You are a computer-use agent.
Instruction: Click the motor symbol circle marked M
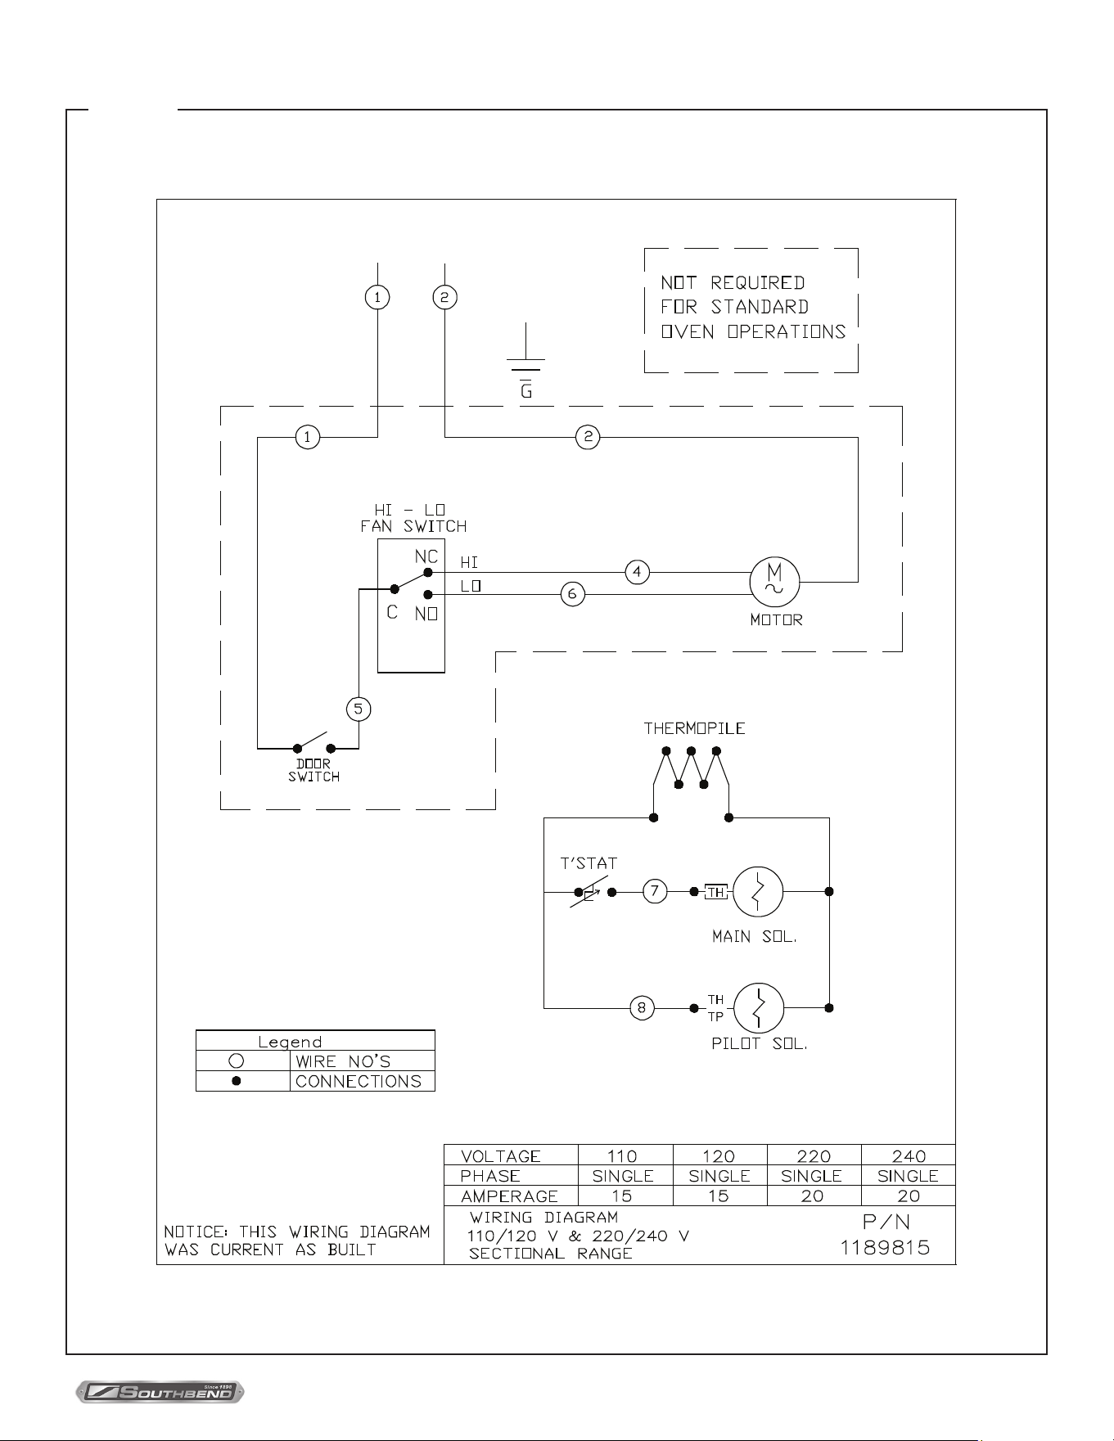774,582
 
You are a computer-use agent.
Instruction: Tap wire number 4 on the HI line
638,572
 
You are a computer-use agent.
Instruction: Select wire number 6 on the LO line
573,594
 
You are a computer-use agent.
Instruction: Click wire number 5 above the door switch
359,709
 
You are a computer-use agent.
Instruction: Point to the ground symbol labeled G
526,361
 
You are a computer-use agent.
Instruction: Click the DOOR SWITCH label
313,770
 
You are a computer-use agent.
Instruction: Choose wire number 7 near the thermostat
655,891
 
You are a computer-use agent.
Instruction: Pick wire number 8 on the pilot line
642,1007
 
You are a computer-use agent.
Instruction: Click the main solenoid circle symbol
758,891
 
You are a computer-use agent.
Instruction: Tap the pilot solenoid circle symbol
759,1008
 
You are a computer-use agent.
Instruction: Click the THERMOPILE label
694,728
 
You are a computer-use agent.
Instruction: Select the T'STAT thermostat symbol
590,892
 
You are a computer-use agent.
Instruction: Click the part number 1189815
885,1248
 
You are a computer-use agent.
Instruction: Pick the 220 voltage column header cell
814,1155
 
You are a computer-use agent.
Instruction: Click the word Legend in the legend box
290,1042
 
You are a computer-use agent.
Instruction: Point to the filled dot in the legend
236,1081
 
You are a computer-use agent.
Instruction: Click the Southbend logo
160,1391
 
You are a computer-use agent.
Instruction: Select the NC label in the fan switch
426,556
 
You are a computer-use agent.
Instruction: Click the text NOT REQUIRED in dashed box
733,283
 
